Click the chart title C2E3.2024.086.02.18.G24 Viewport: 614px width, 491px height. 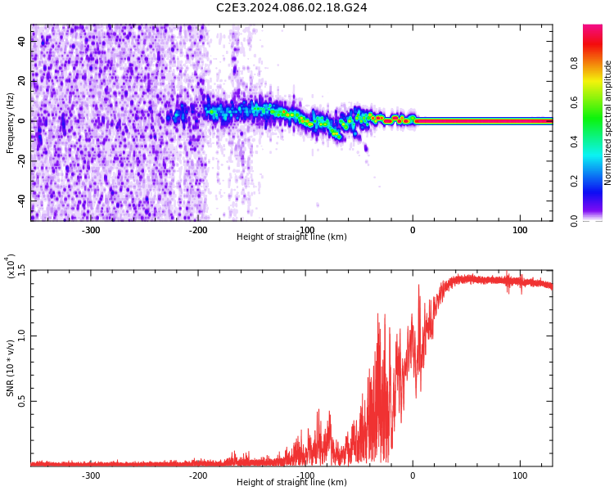[x=291, y=8]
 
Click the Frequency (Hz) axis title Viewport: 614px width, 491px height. [x=11, y=123]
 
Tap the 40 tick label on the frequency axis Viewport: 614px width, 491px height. [x=22, y=42]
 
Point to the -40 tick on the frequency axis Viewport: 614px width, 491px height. [x=20, y=200]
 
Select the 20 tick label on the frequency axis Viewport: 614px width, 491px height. [x=22, y=81]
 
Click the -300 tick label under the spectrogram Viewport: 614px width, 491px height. [x=91, y=230]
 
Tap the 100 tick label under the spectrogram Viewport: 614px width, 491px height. [x=520, y=230]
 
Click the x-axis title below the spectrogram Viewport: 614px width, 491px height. [x=291, y=237]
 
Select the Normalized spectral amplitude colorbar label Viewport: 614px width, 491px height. [x=608, y=123]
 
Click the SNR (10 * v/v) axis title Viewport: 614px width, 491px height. [x=11, y=368]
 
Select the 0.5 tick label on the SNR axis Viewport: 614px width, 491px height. [x=22, y=401]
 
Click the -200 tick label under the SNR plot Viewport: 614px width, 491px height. [x=198, y=475]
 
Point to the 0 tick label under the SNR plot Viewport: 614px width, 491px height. [x=413, y=475]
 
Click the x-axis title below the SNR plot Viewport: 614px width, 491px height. [x=291, y=483]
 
